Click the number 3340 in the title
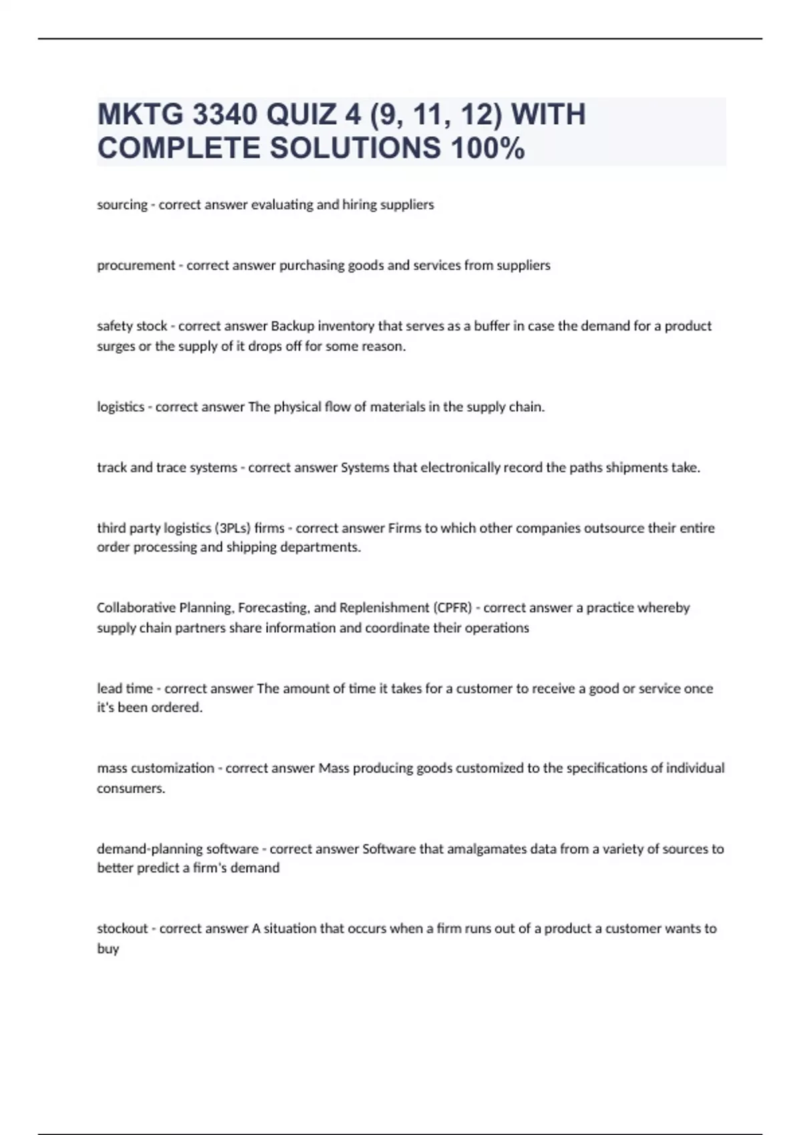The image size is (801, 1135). pos(224,115)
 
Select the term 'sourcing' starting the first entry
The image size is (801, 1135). pos(122,205)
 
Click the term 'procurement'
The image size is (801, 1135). pos(136,266)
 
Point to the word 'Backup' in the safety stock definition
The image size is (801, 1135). pos(292,326)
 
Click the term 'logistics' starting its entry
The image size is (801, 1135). pos(121,407)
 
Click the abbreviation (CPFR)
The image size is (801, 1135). pos(452,608)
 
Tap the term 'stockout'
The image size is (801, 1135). pos(122,929)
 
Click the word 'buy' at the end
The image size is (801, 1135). pos(107,949)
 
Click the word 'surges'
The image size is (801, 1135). pos(115,347)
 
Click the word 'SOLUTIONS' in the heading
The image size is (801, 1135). pos(356,148)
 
